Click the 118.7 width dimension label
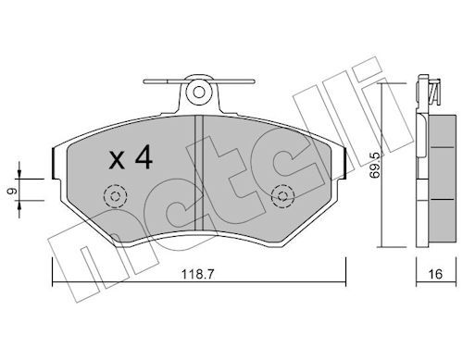click(x=197, y=274)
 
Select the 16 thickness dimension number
click(x=435, y=274)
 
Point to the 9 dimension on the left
click(x=13, y=192)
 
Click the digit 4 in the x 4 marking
click(x=144, y=157)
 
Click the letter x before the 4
click(x=117, y=160)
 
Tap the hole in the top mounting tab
click(x=198, y=93)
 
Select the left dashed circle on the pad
click(x=115, y=196)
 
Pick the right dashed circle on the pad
click(x=282, y=196)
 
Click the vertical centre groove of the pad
click(x=198, y=173)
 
